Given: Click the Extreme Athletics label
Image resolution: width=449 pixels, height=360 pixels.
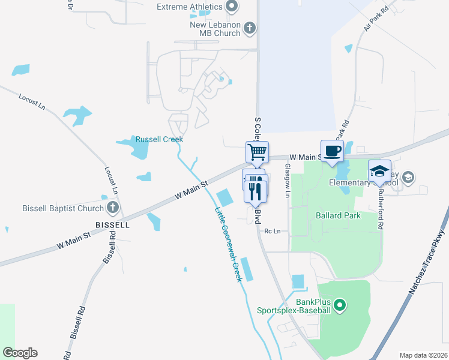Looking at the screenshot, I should click(188, 7).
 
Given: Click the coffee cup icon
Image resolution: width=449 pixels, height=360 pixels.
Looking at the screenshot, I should click(332, 150).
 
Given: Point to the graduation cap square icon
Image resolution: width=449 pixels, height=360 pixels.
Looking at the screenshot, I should click(379, 170).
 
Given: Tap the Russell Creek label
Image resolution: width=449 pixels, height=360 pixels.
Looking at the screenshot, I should click(159, 139).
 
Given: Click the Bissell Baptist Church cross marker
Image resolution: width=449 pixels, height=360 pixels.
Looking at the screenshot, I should click(112, 208).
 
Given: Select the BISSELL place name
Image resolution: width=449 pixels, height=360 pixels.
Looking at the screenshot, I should click(112, 225).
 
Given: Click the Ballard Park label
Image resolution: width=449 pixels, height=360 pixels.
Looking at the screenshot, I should click(339, 215).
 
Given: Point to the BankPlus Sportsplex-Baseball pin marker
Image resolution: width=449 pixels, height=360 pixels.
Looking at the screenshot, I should click(340, 305).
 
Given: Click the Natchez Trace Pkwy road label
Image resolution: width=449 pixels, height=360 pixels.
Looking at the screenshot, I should click(429, 261).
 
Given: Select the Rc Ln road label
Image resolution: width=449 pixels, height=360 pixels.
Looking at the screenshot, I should click(273, 231).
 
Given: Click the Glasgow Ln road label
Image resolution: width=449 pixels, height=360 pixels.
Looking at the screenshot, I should click(288, 181).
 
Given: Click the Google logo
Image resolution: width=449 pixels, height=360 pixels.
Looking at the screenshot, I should click(20, 353).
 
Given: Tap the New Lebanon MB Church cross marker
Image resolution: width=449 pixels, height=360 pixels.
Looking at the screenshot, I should click(250, 28).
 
